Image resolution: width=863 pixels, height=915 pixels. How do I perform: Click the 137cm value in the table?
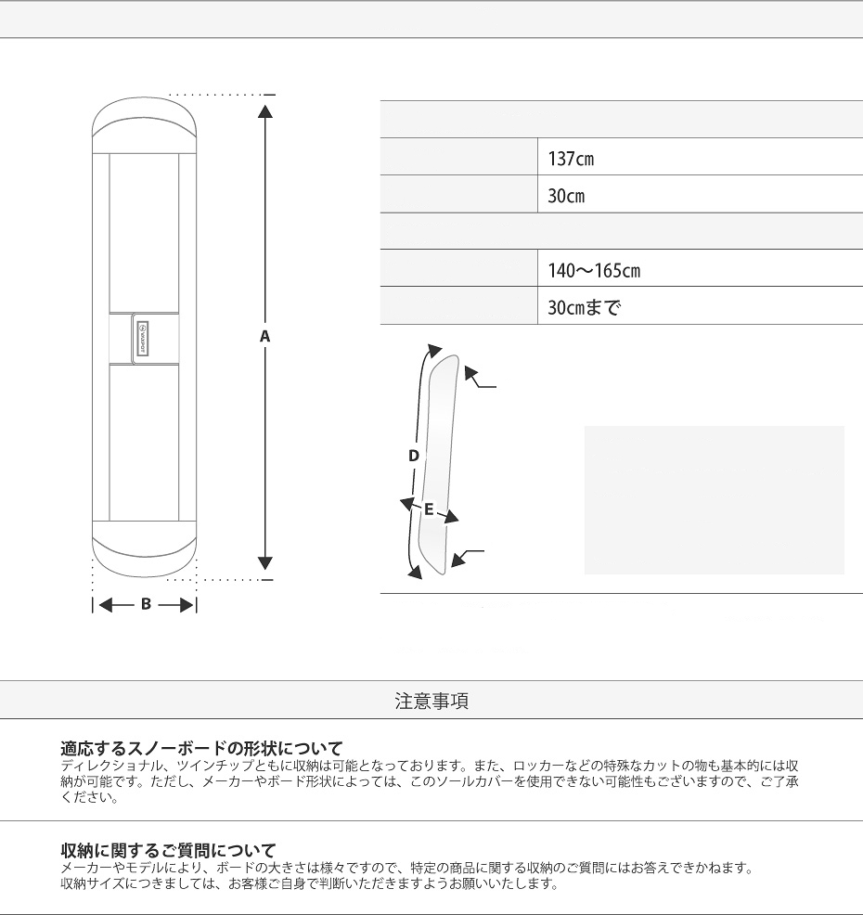(x=571, y=159)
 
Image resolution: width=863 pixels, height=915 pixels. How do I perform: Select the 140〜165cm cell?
(x=594, y=271)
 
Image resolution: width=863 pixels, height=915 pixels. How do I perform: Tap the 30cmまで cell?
(x=583, y=307)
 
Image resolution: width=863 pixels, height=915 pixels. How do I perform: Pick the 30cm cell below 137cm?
(x=566, y=197)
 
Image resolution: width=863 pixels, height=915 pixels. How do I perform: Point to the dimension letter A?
(x=264, y=336)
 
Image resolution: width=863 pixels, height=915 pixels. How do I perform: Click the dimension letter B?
(x=146, y=604)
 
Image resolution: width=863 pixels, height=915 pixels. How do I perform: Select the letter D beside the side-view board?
(x=414, y=456)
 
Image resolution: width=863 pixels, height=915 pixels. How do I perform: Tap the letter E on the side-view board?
(x=429, y=509)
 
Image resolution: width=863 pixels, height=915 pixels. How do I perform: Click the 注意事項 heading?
(x=431, y=701)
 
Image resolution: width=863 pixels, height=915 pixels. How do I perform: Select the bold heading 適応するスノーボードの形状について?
(x=201, y=747)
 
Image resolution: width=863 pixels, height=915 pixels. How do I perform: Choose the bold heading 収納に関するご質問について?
(x=168, y=849)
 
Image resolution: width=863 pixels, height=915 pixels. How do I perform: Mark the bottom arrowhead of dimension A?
(x=265, y=562)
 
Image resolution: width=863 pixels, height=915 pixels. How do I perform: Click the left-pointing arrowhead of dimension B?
(x=105, y=605)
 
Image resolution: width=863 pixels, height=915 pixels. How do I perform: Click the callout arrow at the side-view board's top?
(x=473, y=376)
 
